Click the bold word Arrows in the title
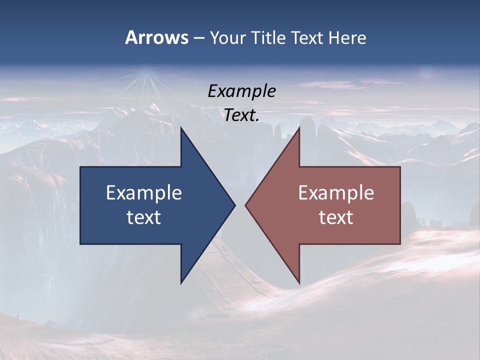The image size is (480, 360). pos(156,37)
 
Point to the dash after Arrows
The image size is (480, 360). pos(198,38)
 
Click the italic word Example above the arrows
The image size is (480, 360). pos(242,91)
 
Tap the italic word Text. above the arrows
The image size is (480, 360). pos(242,115)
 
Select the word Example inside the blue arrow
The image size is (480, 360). pos(144,192)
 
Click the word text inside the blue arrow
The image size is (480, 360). pos(144,217)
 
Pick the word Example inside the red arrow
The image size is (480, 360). pos(336,192)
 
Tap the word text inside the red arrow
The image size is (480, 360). pos(336,217)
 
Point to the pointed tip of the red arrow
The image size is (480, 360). pos(246,205)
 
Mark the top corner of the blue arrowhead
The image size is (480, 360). pos(181,128)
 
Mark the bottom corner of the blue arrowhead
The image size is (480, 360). pos(181,282)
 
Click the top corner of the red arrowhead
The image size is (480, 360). pos(299,128)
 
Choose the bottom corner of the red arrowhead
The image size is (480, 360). pos(299,282)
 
